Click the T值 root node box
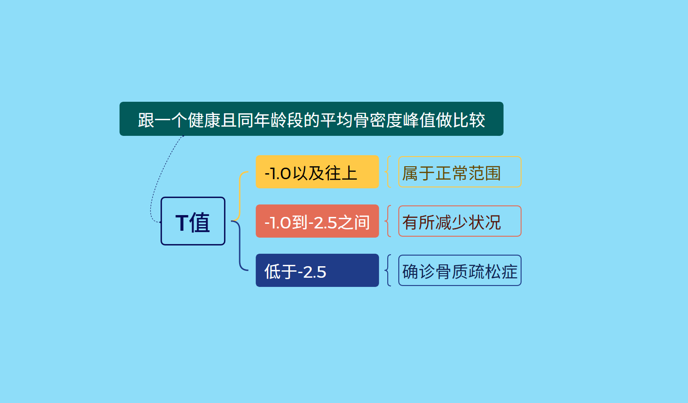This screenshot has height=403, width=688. click(193, 221)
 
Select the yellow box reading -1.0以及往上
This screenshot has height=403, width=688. click(317, 172)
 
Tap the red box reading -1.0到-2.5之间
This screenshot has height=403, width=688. click(317, 221)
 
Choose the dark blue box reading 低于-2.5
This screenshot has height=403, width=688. click(317, 270)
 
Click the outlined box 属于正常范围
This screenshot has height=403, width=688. click(460, 172)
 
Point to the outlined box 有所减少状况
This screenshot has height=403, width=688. click(460, 221)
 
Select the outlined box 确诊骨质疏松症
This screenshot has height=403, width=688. click(460, 270)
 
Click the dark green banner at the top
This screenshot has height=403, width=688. click(311, 119)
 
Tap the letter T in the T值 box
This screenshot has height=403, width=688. click(181, 222)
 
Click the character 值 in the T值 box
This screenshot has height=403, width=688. click(199, 222)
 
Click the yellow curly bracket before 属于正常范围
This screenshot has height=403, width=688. click(388, 172)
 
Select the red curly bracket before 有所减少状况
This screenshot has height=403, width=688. click(388, 221)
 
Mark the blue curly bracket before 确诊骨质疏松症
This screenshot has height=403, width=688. click(388, 270)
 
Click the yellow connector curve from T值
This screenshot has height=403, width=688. click(240, 197)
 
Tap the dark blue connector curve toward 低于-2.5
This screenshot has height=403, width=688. click(240, 246)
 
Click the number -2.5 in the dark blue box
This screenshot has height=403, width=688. click(312, 272)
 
